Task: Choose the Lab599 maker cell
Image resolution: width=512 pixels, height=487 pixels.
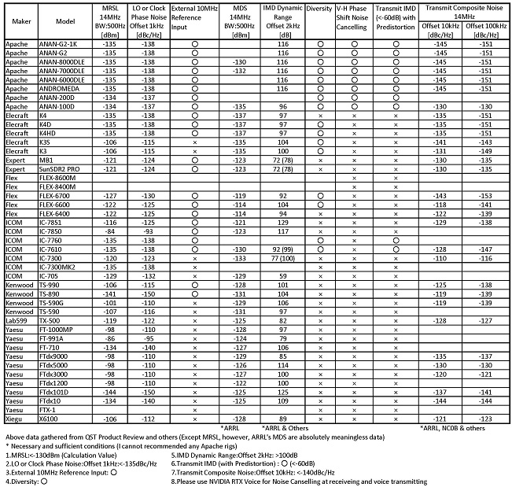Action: click(17, 321)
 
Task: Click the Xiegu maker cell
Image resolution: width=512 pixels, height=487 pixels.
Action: click(15, 419)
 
